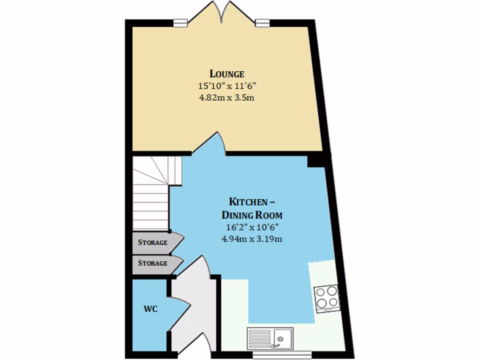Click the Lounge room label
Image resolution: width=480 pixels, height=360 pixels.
click(x=227, y=74)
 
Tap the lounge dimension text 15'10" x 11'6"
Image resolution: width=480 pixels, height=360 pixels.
click(x=227, y=86)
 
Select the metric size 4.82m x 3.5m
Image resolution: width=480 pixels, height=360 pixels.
click(x=227, y=98)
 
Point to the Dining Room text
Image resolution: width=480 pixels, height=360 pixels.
click(x=252, y=215)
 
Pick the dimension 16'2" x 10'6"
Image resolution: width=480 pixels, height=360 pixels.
click(x=252, y=227)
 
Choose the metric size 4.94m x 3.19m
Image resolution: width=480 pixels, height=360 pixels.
click(x=252, y=239)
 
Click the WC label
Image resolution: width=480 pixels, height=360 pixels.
click(x=150, y=309)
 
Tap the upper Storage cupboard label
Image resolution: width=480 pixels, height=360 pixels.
click(x=152, y=242)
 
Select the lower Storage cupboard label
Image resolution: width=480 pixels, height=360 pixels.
click(x=152, y=263)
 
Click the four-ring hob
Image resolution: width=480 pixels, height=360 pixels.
click(x=327, y=297)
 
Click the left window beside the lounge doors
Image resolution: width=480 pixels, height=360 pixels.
click(x=180, y=22)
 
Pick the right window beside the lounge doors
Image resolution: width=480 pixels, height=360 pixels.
click(x=263, y=22)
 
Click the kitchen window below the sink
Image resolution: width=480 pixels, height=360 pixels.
click(x=281, y=355)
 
